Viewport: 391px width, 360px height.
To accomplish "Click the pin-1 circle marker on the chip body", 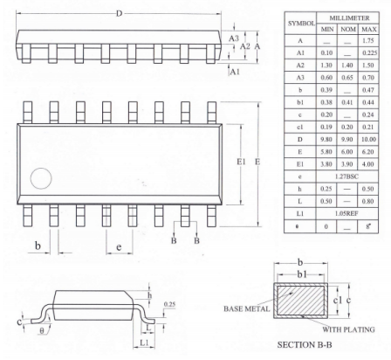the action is point(41,178).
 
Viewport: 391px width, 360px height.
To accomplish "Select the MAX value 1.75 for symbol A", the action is point(368,41).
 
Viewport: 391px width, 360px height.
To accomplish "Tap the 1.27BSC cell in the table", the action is point(346,177).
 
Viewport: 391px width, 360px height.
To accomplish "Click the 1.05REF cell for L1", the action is point(346,213).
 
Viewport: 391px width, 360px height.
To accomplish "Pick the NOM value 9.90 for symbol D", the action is point(346,140).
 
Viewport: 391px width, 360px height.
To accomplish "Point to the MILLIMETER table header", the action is point(349,18).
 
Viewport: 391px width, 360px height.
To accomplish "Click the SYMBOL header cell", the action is point(301,24).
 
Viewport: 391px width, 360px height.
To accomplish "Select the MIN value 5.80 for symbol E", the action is point(326,152).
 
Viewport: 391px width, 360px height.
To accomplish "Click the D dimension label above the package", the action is point(119,13).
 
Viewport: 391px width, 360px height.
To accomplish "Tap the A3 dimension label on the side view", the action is point(233,38).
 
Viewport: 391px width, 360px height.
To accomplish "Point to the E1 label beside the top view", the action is point(241,162).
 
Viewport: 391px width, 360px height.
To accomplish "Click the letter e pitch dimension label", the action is point(119,247).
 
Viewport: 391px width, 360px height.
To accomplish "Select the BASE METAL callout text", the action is point(247,308).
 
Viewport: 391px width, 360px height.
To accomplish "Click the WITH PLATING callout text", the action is point(348,329).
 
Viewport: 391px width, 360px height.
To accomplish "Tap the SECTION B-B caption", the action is point(305,345).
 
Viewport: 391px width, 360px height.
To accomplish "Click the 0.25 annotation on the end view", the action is point(169,304).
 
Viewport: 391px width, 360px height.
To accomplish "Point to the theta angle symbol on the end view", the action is point(42,331).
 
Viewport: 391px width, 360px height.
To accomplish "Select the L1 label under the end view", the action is point(144,343).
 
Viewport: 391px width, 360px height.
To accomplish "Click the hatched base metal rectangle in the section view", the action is point(300,301).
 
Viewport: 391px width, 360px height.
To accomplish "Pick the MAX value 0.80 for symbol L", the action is point(367,201).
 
